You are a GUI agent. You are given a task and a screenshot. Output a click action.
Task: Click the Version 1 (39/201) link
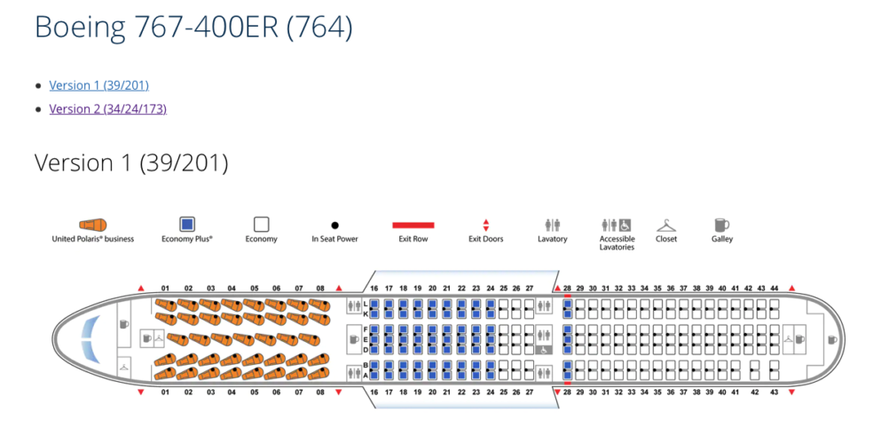98,85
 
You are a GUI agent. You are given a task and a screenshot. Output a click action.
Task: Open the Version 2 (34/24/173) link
107,108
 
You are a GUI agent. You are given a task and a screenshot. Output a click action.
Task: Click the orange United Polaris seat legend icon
93,225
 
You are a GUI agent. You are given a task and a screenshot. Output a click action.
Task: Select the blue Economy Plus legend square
187,225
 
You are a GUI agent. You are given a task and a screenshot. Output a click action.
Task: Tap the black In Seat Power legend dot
334,226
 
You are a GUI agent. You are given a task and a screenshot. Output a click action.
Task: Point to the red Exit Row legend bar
413,226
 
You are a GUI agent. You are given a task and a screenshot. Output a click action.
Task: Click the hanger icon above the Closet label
666,225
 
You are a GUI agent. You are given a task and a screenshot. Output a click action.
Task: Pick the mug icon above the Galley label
721,225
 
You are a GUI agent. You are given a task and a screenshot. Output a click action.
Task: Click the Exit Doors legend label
485,239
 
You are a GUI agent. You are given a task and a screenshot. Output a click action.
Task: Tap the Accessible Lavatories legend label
617,243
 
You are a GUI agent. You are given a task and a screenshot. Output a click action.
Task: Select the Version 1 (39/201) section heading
131,163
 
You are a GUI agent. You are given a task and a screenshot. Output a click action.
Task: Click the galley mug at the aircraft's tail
831,339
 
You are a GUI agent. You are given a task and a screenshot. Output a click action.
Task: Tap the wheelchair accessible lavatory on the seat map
542,350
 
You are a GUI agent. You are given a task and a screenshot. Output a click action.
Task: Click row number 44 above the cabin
774,289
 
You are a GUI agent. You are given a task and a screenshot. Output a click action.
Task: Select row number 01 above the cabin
165,289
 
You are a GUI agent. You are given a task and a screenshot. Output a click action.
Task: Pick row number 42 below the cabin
755,392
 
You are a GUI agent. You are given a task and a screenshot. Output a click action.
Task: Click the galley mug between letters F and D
354,338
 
